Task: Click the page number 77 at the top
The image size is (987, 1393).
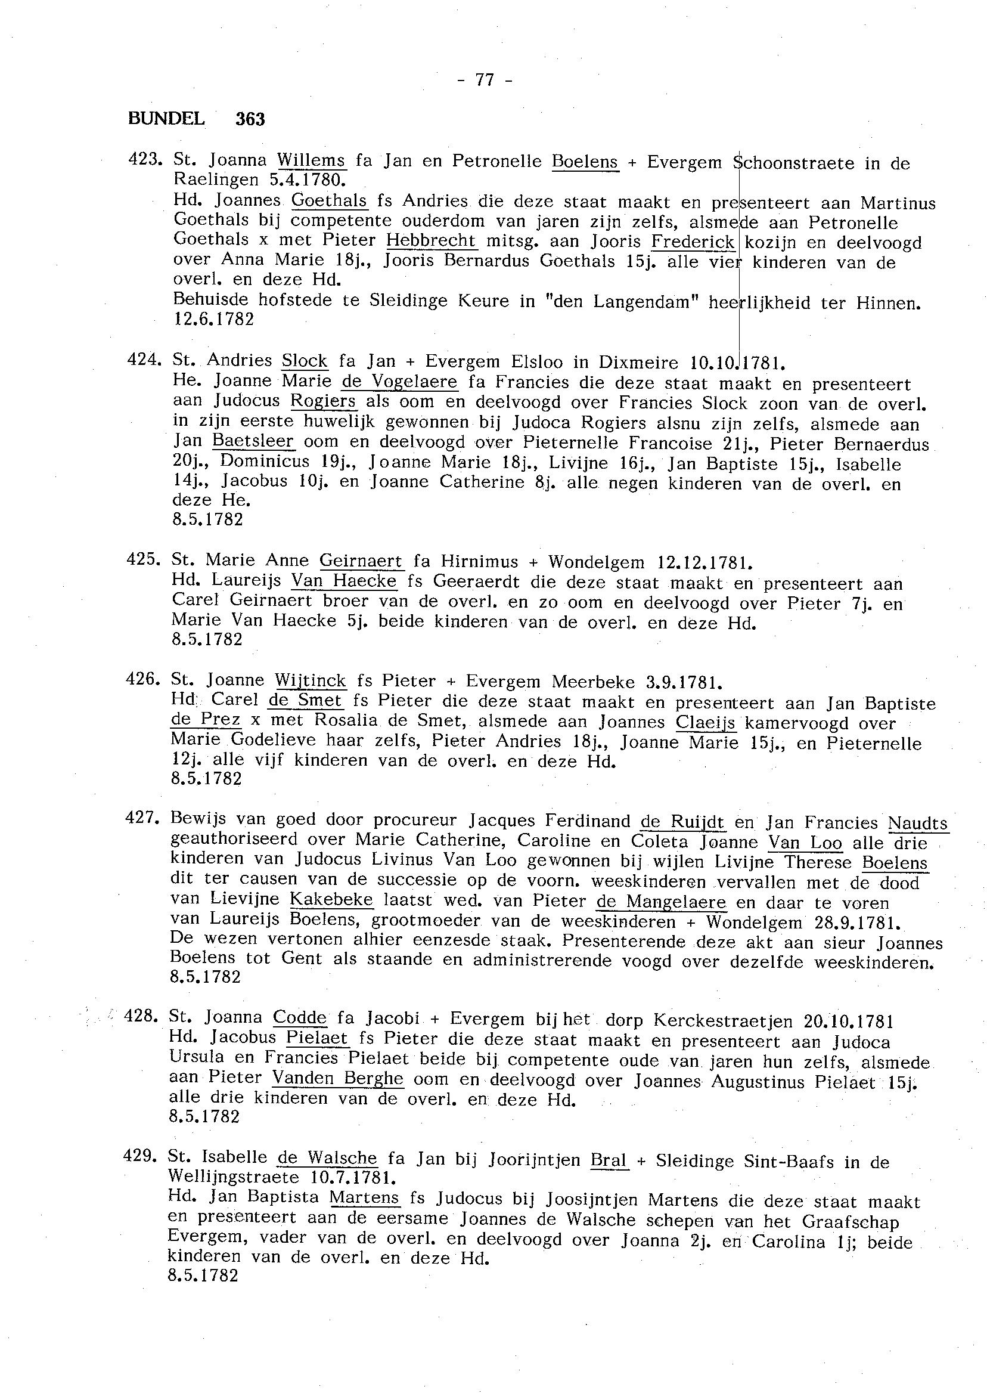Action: (x=485, y=81)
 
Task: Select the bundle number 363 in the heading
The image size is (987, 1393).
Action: (x=250, y=119)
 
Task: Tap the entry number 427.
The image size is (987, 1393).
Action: (x=142, y=818)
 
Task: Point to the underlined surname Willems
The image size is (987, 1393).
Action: (x=311, y=160)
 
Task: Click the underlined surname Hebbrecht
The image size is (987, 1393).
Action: (x=432, y=241)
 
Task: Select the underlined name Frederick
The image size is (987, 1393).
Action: (x=693, y=242)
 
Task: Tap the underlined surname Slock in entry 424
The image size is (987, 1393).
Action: (x=305, y=361)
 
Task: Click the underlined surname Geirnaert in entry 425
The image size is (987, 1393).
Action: (x=361, y=561)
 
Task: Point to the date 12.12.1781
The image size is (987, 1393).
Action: (x=705, y=562)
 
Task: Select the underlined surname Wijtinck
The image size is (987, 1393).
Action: (x=310, y=680)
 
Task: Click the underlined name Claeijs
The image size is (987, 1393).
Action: (x=706, y=723)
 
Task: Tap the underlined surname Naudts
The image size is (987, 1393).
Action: (x=917, y=824)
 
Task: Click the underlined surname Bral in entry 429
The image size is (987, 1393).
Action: (x=609, y=1160)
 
